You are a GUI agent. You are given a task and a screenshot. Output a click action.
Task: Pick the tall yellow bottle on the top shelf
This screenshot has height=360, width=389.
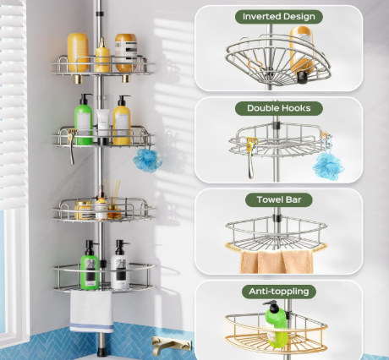[x=78, y=52]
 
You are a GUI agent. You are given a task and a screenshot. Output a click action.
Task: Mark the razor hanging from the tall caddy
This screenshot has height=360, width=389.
[x=74, y=152]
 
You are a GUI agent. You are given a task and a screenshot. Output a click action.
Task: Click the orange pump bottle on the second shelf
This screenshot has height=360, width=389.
[x=123, y=121]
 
